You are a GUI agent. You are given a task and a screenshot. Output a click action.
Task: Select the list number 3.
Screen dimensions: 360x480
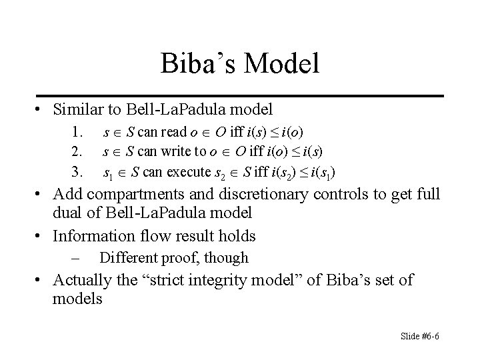coord(77,173)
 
